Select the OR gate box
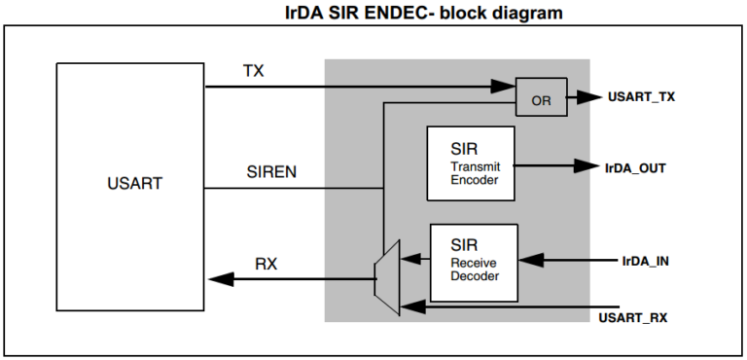(x=539, y=97)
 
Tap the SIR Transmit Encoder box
(x=471, y=164)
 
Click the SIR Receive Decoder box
(x=474, y=262)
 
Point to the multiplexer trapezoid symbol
(x=386, y=277)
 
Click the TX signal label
(x=253, y=71)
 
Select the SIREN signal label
(x=271, y=172)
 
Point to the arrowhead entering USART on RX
(x=219, y=279)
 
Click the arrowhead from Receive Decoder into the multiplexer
(x=412, y=260)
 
